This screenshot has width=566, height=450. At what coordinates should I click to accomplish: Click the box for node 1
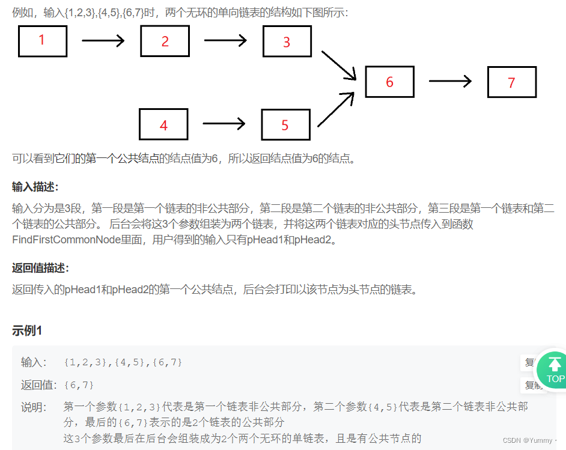pos(42,41)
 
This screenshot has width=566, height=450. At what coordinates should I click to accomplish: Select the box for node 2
pos(165,41)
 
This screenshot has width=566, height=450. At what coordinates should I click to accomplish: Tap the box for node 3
pos(287,41)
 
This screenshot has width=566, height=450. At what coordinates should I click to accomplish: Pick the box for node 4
pos(163,124)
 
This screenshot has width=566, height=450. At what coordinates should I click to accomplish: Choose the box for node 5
pos(285,124)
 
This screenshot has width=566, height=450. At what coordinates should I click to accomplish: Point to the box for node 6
pos(389,82)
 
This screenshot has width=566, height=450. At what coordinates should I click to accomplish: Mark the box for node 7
pos(511,82)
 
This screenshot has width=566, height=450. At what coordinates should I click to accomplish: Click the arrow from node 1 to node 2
pos(103,41)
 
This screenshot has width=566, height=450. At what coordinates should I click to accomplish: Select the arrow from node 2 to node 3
pos(225,41)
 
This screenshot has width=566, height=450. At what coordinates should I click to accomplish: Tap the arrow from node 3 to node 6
pos(339,65)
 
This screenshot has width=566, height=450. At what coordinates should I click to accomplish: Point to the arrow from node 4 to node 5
pos(224,124)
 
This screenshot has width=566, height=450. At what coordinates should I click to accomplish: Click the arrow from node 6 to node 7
pos(450,82)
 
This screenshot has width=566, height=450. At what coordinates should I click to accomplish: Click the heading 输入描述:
pos(35,187)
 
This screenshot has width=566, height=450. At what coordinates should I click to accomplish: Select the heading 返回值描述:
pos(40,268)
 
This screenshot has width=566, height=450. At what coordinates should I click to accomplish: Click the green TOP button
pos(554,368)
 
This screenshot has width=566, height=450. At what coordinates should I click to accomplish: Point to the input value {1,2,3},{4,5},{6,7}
pos(123,362)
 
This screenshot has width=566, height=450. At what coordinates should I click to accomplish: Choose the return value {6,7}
pos(79,385)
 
